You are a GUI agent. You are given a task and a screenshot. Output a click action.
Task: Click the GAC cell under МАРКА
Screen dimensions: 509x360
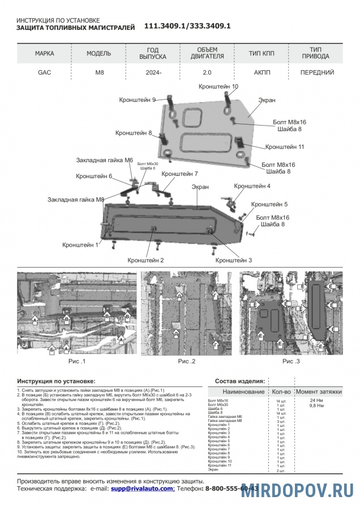[x=44, y=73]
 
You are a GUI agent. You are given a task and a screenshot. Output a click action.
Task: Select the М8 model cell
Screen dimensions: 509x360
[x=99, y=73]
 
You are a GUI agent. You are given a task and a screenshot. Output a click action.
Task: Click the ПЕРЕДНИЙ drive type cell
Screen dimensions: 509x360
[x=316, y=73]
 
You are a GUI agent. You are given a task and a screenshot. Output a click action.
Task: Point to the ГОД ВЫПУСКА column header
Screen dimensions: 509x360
[x=153, y=53]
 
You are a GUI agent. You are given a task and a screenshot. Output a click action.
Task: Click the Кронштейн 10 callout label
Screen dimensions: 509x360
[x=218, y=87]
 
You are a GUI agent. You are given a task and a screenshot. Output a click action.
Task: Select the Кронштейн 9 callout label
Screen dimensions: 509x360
[x=137, y=100]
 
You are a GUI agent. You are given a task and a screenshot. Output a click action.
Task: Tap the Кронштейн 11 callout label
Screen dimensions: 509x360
[x=285, y=146]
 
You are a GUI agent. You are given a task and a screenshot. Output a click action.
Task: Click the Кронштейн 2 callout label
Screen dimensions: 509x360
[x=145, y=260]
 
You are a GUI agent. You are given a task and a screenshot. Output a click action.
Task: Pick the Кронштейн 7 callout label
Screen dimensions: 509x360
[x=179, y=174]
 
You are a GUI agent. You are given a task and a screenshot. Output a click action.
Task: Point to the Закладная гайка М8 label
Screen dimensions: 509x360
[x=76, y=200]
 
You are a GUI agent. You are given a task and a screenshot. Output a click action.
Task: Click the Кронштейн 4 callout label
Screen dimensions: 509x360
[x=252, y=186]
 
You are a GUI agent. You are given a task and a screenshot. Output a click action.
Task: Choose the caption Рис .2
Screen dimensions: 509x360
[x=187, y=361]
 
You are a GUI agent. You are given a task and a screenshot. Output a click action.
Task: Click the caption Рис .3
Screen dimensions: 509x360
[x=292, y=361]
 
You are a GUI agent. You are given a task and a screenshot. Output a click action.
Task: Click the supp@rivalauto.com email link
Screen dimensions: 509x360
[x=142, y=488]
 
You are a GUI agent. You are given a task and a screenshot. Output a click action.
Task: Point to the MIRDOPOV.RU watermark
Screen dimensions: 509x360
[x=298, y=490]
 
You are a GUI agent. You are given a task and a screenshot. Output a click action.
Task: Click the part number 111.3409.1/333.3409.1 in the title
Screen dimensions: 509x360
[x=187, y=26]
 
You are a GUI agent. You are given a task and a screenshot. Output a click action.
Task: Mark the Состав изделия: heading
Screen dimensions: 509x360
[x=240, y=381]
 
